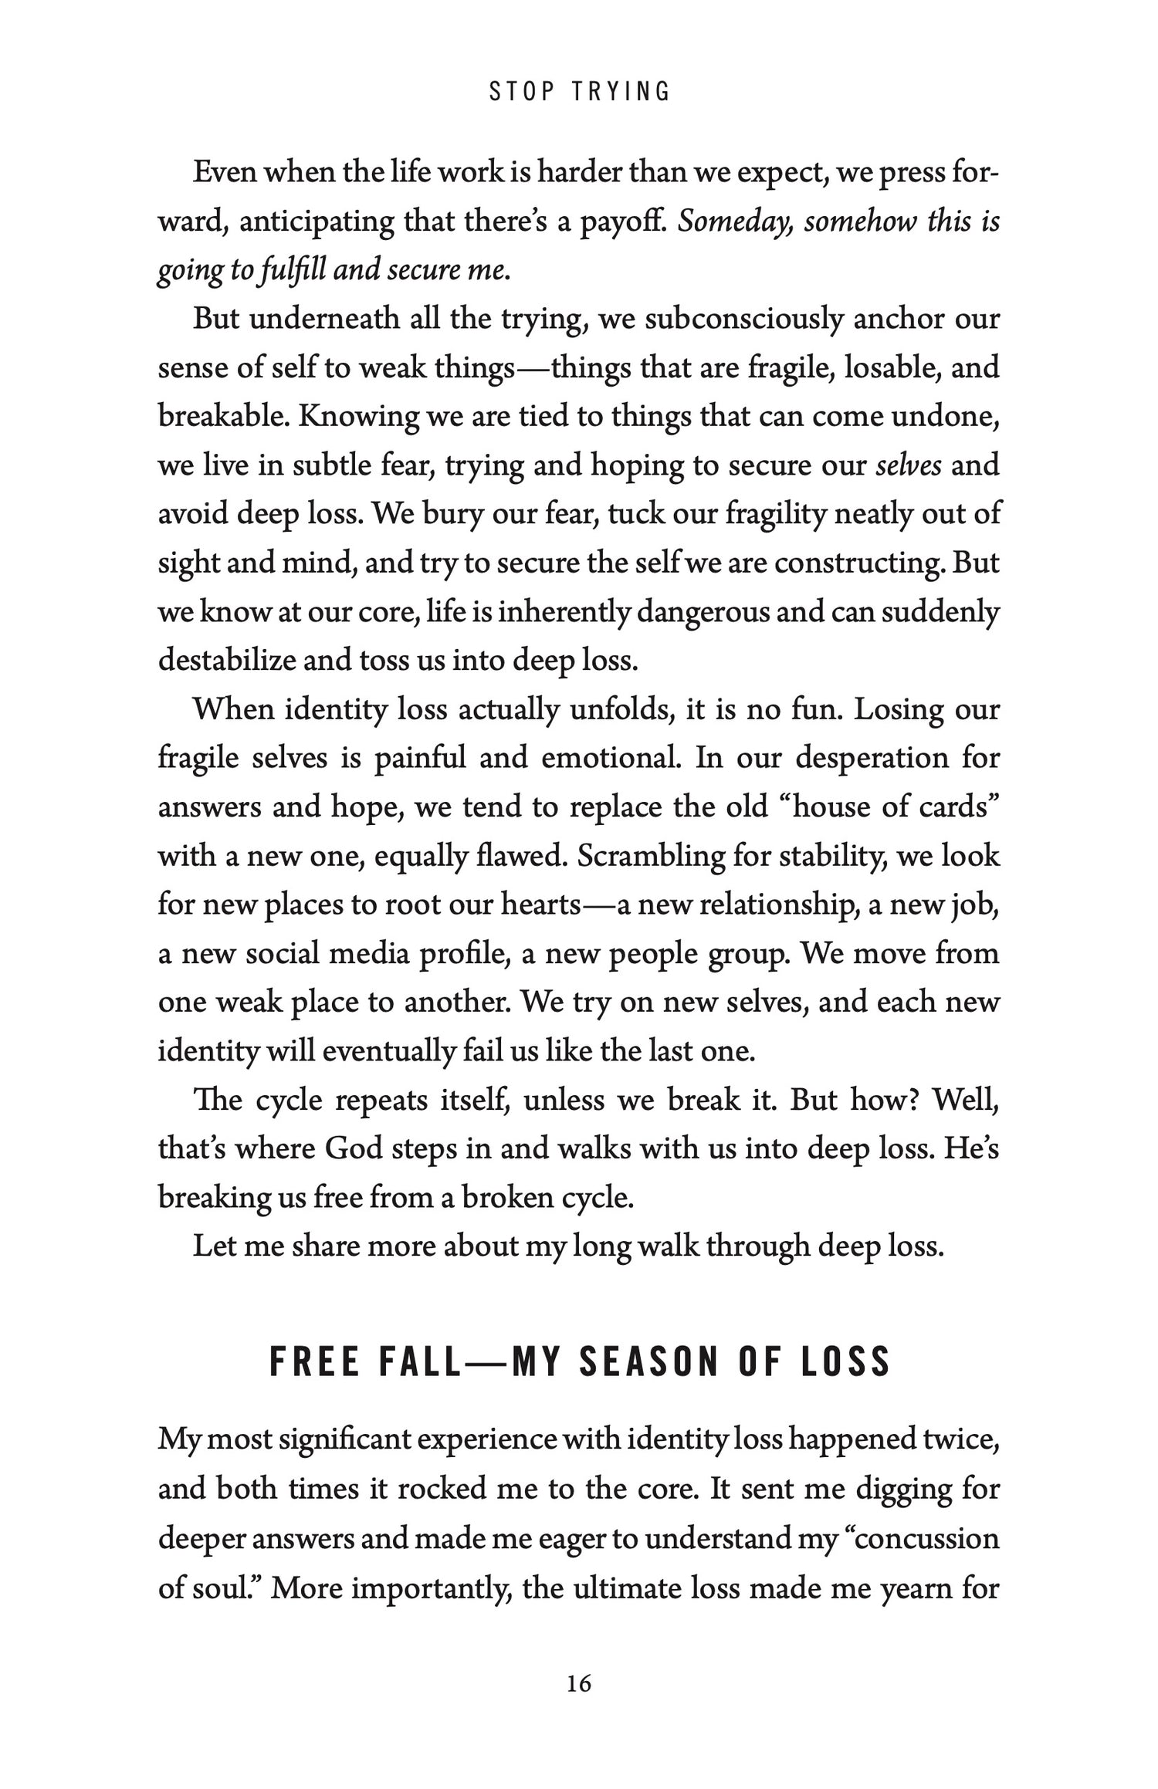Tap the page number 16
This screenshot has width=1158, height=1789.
[579, 1683]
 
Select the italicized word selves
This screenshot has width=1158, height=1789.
[909, 465]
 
